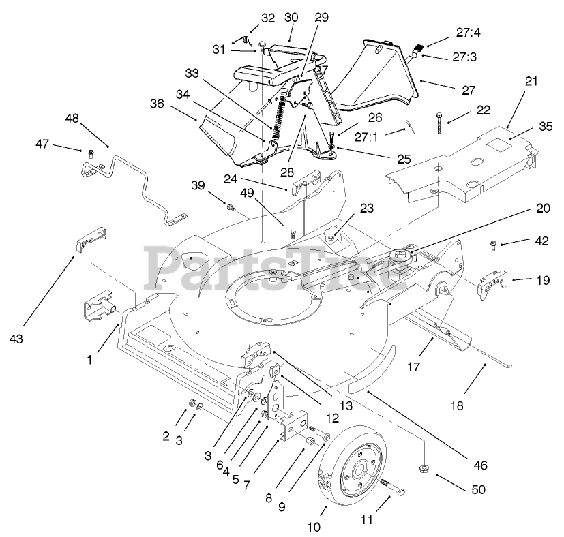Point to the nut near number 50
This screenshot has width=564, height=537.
(423, 468)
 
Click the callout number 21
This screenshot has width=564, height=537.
(531, 81)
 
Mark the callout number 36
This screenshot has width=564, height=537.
(158, 104)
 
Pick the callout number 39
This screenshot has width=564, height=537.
(198, 185)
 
